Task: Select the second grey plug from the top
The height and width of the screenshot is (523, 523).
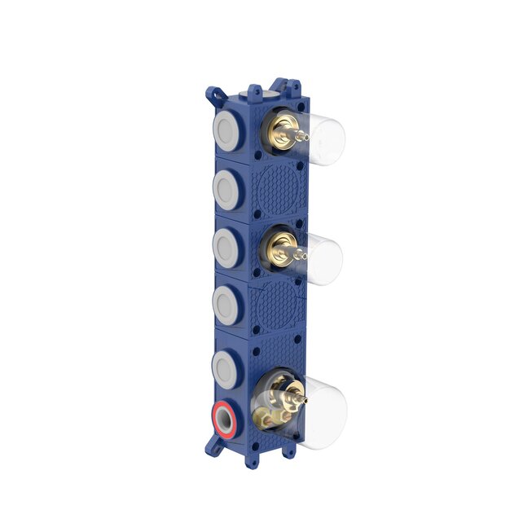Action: point(225,187)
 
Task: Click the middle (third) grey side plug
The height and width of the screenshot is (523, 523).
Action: point(225,244)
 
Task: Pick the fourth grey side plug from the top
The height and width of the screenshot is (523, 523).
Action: point(225,303)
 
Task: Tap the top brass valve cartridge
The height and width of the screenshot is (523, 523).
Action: point(283,130)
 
